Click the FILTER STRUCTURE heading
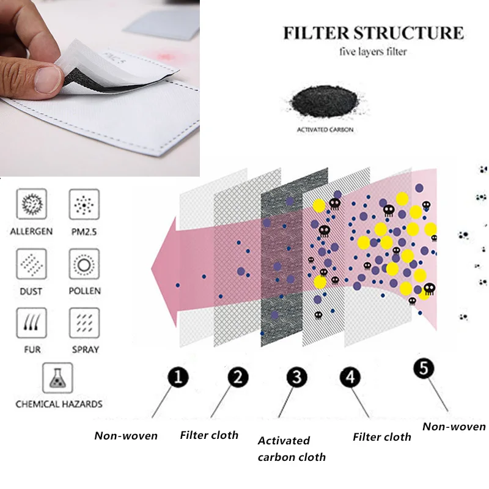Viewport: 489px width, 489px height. coord(373,32)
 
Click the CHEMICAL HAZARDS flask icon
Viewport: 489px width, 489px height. coord(58,378)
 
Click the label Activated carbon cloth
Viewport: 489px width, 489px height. coord(292,449)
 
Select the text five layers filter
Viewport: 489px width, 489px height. coord(373,51)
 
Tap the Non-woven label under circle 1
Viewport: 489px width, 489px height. coord(126,436)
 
